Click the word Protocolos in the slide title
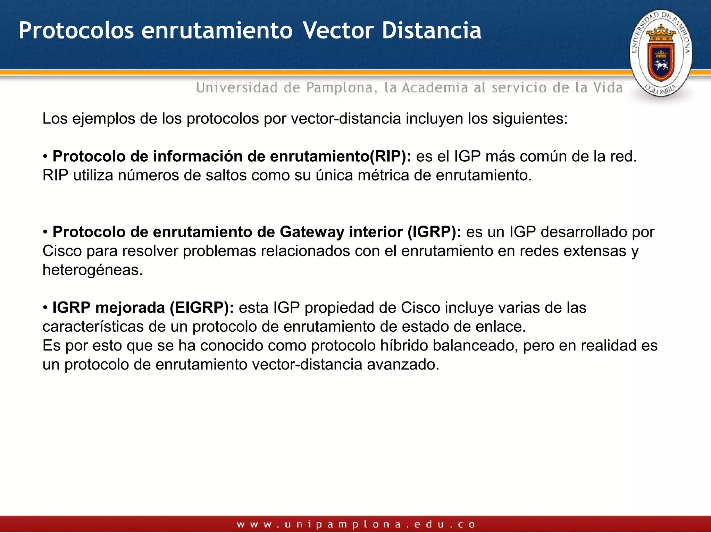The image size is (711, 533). [x=76, y=31]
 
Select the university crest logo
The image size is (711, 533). [x=661, y=53]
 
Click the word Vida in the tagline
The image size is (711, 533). [x=608, y=87]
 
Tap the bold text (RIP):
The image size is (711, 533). [x=390, y=156]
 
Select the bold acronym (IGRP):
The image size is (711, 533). [x=434, y=232]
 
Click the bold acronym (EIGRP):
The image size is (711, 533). [x=202, y=308]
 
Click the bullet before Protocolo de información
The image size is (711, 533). [x=45, y=156]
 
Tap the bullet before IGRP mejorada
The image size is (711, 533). [x=45, y=308]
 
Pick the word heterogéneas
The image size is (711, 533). [x=92, y=270]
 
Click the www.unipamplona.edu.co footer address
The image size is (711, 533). [x=355, y=524]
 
